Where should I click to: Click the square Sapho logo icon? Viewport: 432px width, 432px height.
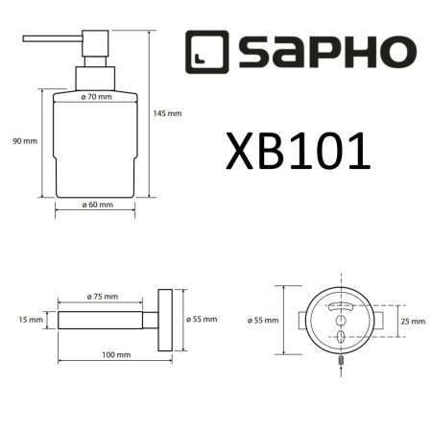205,52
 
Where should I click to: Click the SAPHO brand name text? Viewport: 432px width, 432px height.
325,52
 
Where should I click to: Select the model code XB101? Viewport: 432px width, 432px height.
299,151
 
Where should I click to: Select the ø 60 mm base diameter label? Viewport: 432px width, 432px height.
97,204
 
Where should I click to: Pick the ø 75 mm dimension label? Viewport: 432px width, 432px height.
102,297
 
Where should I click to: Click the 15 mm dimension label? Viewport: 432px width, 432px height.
30,320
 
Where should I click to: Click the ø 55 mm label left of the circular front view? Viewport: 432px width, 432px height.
263,320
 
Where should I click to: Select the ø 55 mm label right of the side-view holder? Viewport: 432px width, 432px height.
204,320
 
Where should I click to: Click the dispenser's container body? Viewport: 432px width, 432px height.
96,154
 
